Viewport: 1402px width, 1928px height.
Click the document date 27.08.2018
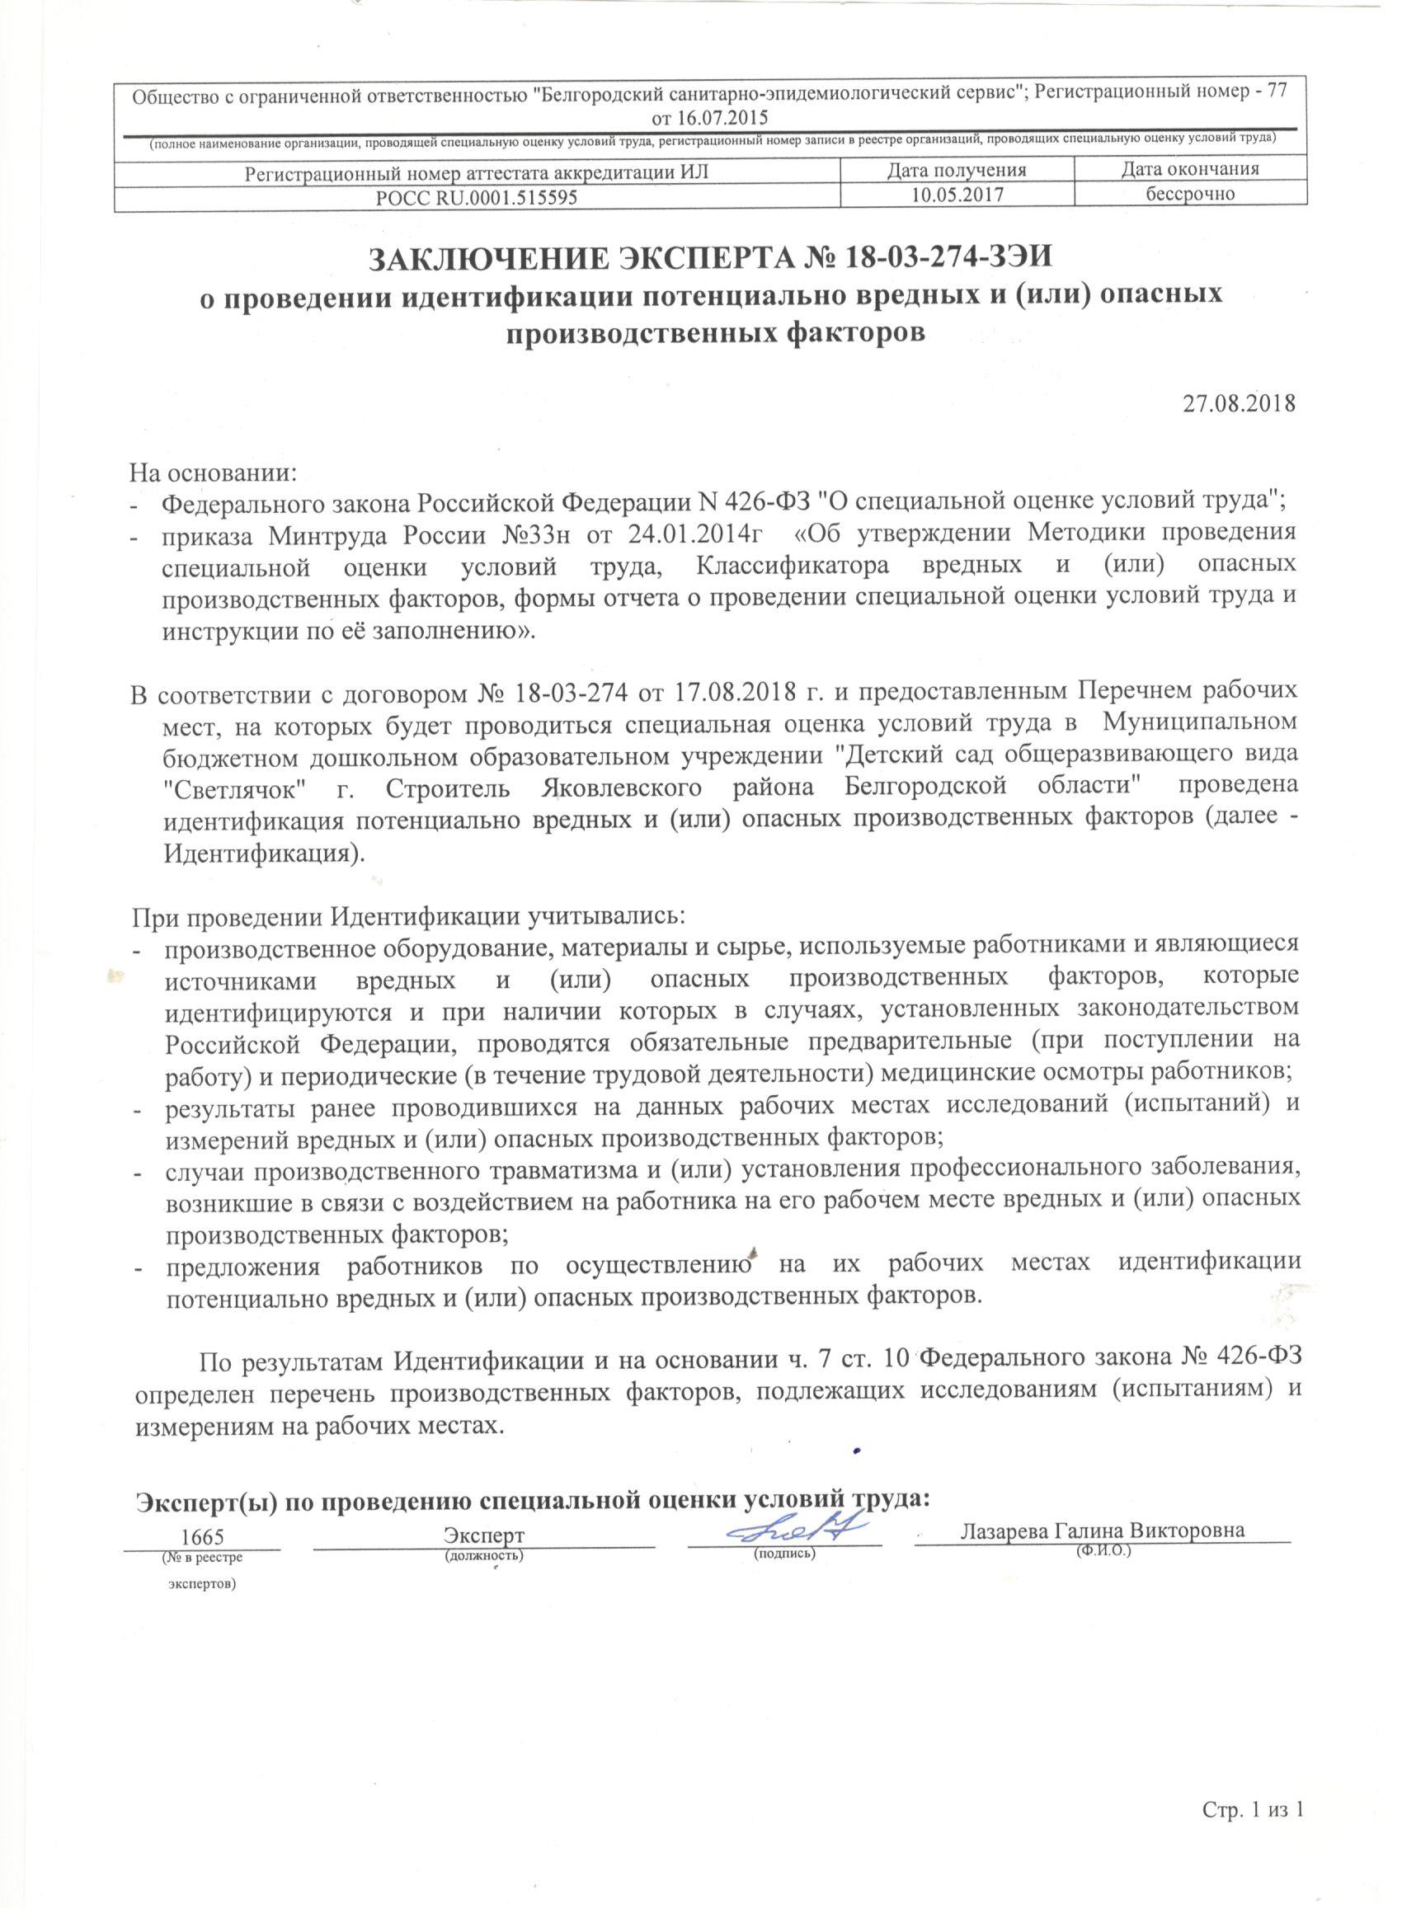click(1239, 403)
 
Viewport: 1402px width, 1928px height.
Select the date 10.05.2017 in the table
click(957, 195)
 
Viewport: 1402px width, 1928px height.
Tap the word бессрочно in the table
click(1189, 195)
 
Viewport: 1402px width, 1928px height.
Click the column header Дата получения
click(957, 170)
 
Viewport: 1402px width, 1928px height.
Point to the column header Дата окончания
click(1189, 170)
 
